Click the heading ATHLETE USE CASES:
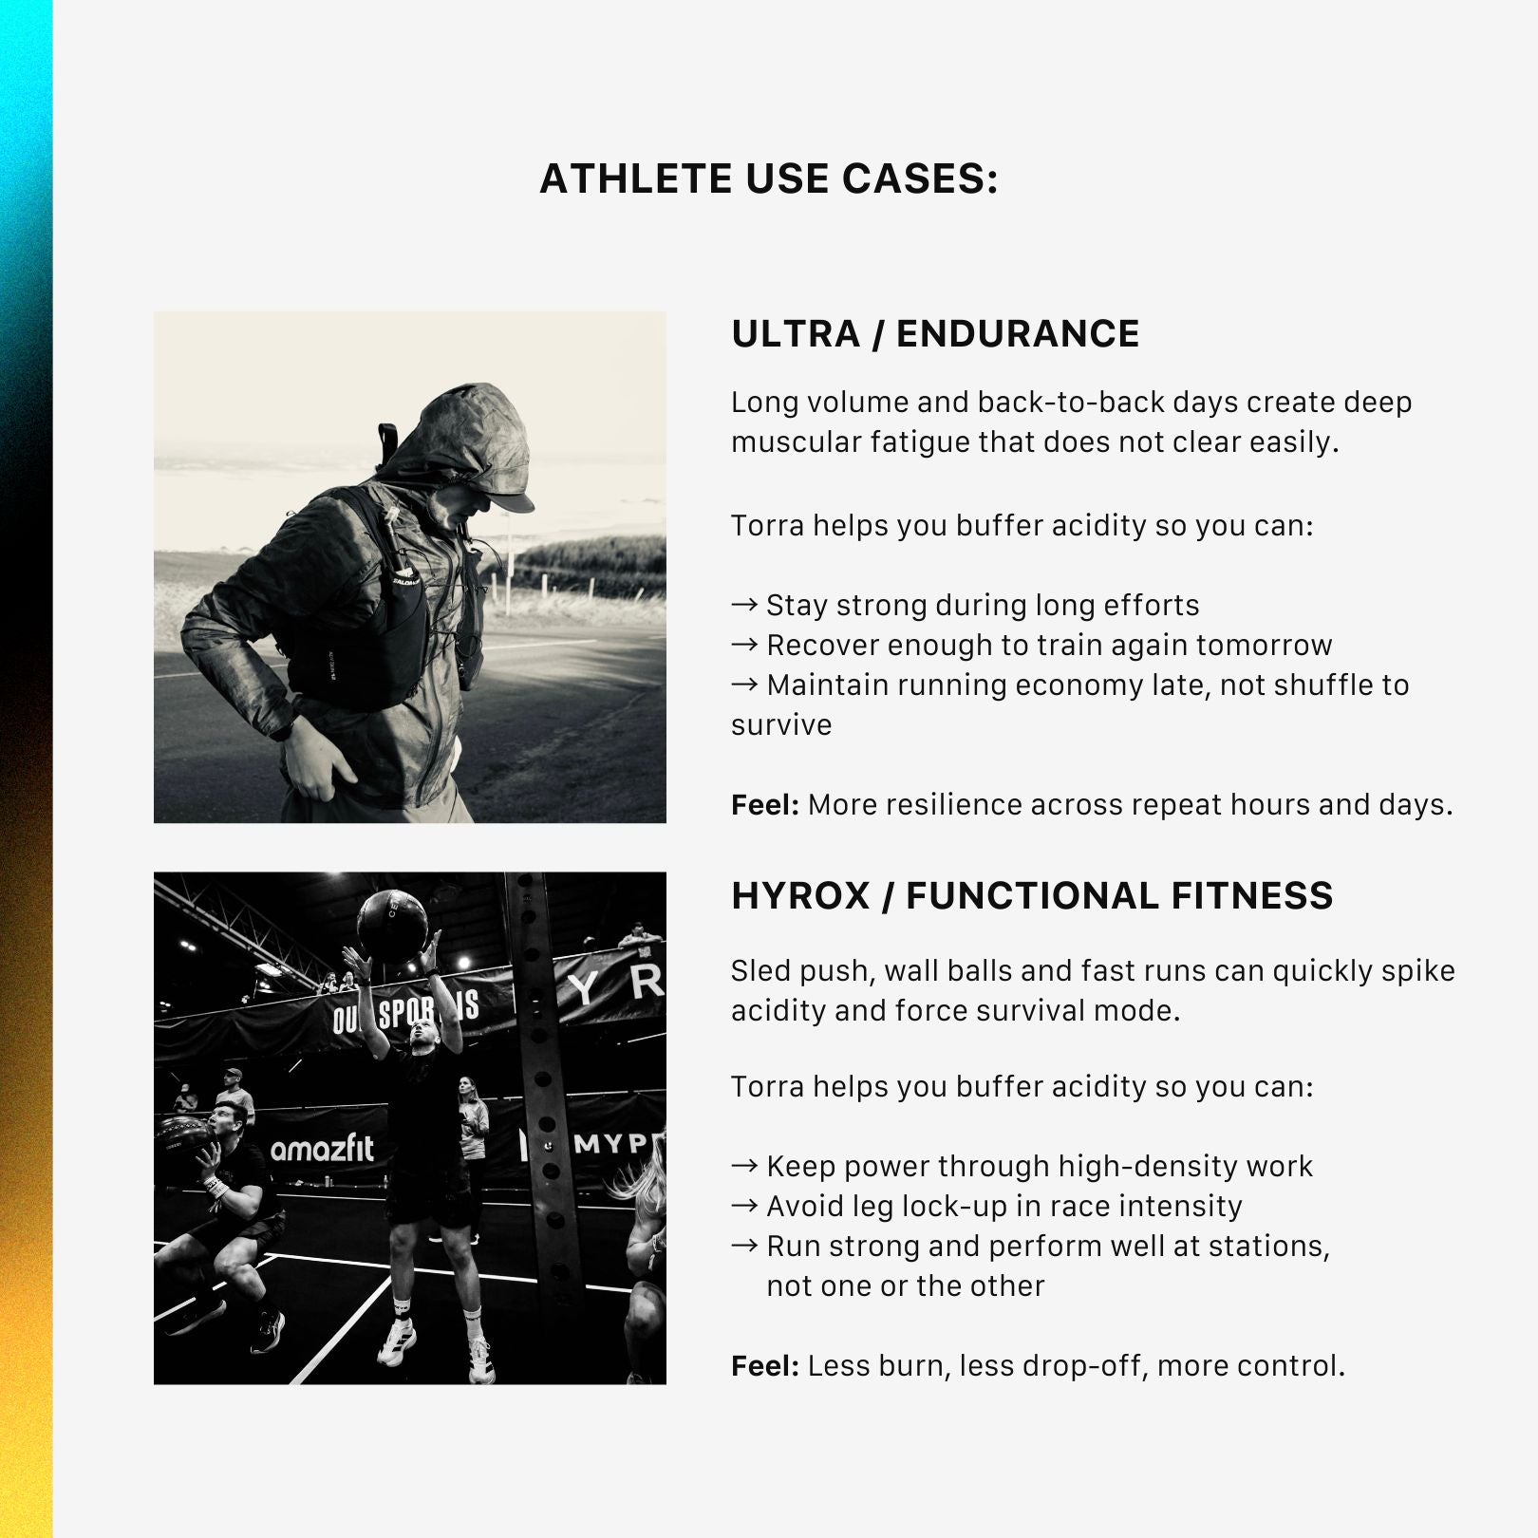pos(769,178)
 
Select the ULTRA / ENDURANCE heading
pos(935,334)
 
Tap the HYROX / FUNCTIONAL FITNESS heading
pos(1032,896)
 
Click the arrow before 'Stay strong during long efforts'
pos(744,605)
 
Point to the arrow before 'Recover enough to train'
pos(744,645)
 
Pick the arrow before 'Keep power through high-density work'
pos(744,1166)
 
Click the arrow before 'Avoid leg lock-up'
pos(744,1206)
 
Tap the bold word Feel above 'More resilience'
pos(764,805)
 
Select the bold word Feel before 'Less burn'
pos(764,1366)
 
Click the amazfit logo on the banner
pos(323,1149)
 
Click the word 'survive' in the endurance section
pos(781,725)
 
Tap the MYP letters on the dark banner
pos(612,1144)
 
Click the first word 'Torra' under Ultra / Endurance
pos(767,526)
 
